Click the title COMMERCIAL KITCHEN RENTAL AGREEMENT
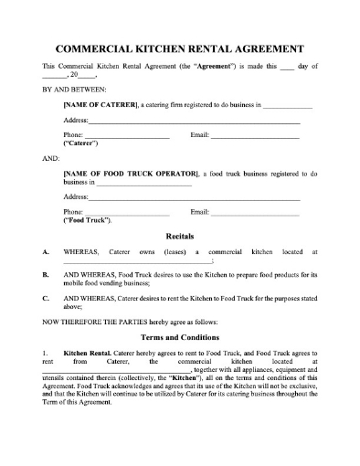click(180, 48)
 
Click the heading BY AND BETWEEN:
click(74, 91)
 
